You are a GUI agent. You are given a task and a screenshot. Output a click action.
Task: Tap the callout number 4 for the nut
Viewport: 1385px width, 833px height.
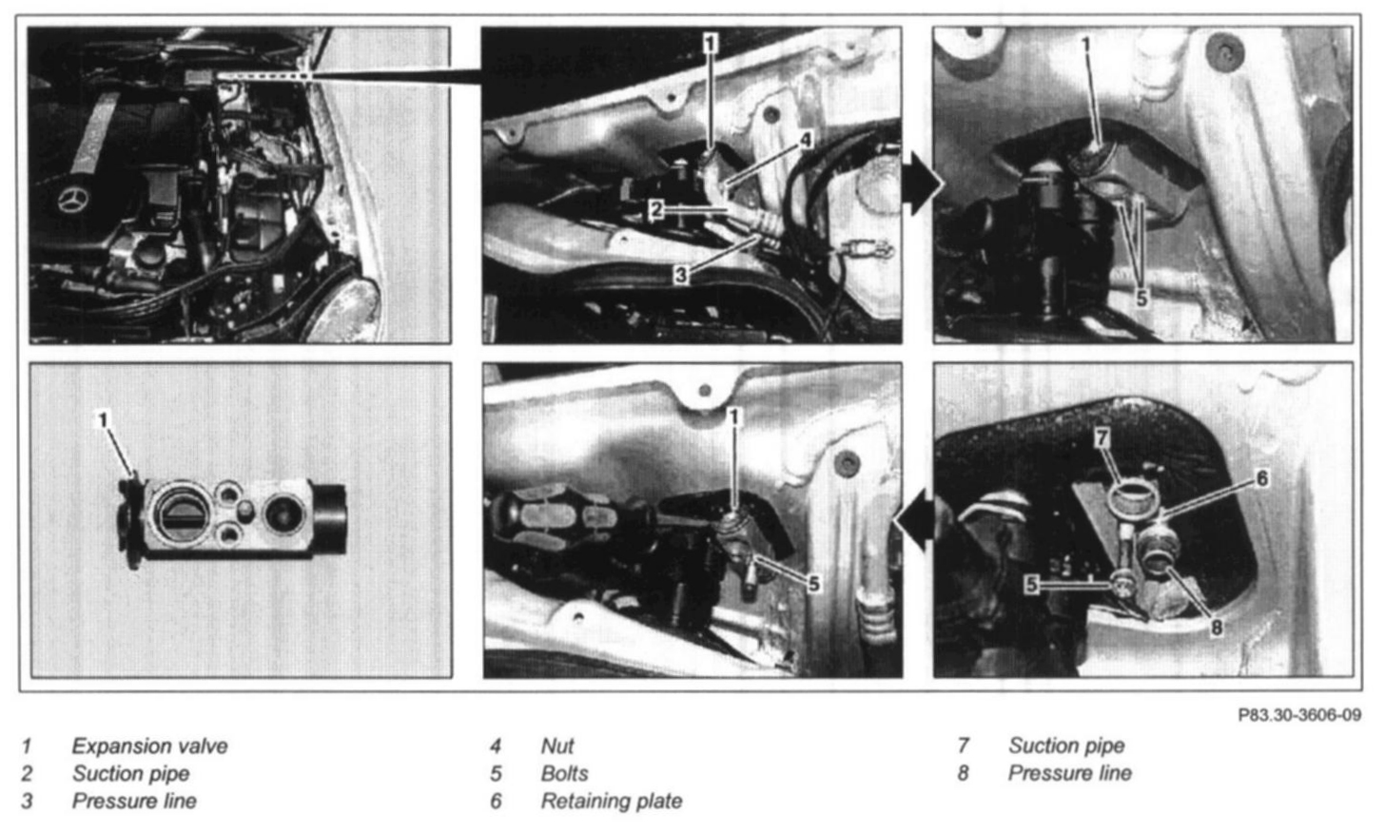[x=806, y=141]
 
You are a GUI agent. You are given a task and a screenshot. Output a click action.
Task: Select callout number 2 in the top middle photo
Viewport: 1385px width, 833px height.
[x=656, y=209]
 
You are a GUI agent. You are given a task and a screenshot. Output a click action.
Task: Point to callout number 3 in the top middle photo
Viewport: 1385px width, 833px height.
[x=681, y=274]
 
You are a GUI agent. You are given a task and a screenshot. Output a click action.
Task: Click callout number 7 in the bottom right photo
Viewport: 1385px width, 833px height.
[x=1102, y=438]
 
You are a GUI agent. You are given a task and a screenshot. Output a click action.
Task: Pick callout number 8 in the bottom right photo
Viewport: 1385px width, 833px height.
[x=1217, y=628]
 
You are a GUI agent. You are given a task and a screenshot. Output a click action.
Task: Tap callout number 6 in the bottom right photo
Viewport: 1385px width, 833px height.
[x=1262, y=477]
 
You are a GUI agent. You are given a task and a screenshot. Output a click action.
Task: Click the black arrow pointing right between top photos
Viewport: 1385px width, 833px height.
[x=923, y=184]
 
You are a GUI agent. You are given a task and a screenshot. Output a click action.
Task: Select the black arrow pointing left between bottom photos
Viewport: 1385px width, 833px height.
[x=914, y=520]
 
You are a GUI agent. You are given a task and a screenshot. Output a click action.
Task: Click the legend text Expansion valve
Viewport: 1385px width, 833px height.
[x=149, y=746]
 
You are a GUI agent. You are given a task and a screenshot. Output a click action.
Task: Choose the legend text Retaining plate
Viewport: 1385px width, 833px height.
[x=612, y=801]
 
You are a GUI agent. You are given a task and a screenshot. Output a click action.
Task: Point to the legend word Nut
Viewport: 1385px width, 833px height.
[x=557, y=746]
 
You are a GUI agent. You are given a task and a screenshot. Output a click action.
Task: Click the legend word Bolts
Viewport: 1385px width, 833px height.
[x=564, y=773]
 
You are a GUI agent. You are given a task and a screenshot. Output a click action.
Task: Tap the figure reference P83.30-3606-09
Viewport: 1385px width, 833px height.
[x=1299, y=715]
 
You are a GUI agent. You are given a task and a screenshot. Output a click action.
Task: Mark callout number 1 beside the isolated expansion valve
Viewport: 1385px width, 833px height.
[x=104, y=420]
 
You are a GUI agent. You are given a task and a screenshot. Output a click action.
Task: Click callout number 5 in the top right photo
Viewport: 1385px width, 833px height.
[x=1141, y=299]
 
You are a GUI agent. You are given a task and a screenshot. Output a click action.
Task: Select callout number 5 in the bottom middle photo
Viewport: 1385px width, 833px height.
[x=813, y=583]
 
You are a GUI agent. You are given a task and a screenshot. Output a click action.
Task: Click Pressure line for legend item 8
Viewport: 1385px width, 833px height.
[x=1069, y=773]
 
